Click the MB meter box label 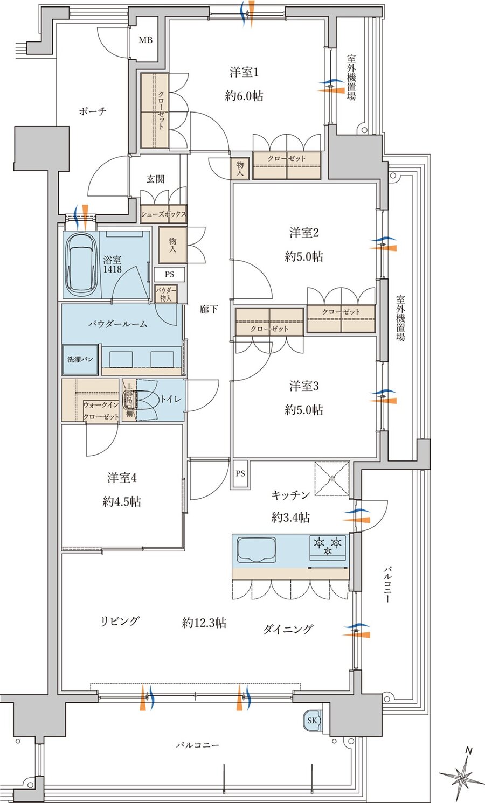click(145, 40)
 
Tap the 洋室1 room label click(245, 72)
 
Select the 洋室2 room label click(304, 233)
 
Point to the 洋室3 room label click(304, 386)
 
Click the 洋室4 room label click(122, 478)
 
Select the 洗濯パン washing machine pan click(80, 359)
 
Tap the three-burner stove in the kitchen click(327, 545)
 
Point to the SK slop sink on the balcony click(312, 720)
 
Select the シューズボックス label click(163, 214)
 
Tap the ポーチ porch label click(92, 111)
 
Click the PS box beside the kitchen click(240, 474)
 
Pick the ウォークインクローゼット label click(101, 411)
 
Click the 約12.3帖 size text click(204, 623)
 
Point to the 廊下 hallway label click(209, 309)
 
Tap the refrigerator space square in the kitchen click(332, 478)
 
